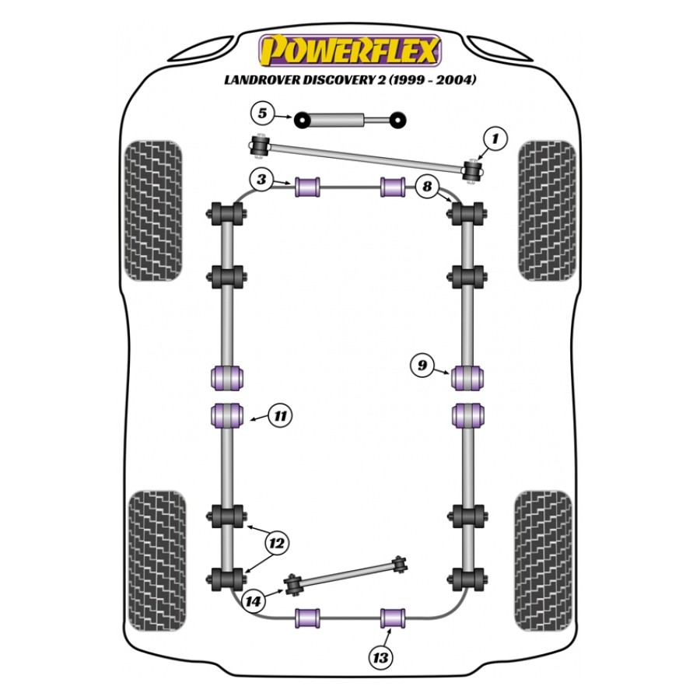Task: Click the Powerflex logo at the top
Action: click(350, 51)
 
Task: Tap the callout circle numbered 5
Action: click(263, 114)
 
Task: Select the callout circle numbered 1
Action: click(495, 139)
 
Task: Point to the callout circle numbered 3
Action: click(261, 180)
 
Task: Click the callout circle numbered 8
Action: click(427, 186)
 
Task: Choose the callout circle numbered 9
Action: click(422, 366)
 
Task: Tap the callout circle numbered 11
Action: click(280, 416)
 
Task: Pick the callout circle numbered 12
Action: click(277, 544)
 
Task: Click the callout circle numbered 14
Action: click(253, 601)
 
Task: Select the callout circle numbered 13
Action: click(380, 657)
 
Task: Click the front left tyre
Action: click(153, 211)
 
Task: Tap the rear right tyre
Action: click(543, 561)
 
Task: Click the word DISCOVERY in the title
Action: click(338, 80)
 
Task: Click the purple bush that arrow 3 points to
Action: click(307, 187)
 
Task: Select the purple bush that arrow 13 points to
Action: click(393, 618)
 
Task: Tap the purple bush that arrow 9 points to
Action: click(467, 378)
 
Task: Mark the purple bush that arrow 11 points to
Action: click(227, 415)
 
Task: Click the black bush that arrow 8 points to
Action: click(467, 214)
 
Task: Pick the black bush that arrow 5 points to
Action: click(303, 121)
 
